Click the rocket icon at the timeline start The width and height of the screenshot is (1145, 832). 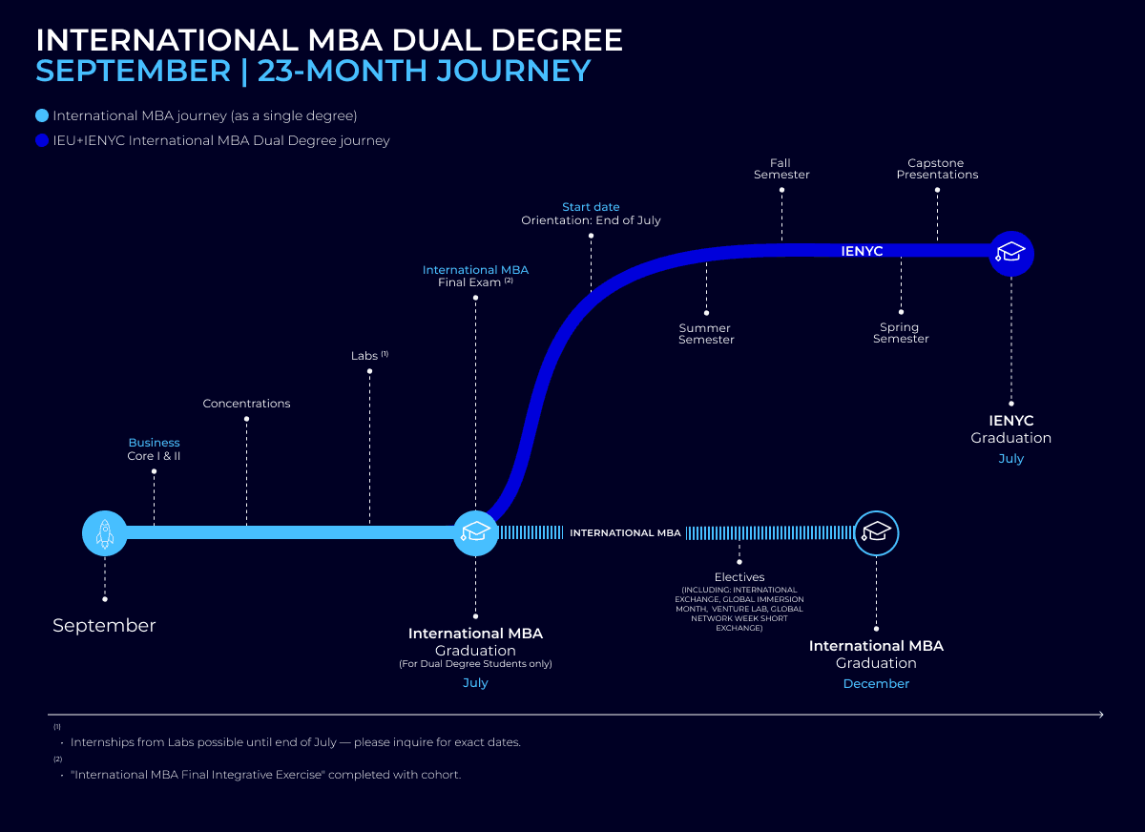105,532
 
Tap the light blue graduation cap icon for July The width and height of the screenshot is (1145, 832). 475,532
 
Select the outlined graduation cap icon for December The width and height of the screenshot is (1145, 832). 876,532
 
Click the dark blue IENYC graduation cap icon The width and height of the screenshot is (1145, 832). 1010,252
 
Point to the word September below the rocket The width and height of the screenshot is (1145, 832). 104,626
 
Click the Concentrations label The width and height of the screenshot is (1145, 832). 246,404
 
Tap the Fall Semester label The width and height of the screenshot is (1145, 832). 781,169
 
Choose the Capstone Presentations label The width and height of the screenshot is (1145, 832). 937,169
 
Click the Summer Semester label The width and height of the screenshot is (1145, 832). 706,334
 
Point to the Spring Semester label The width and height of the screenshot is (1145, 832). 901,333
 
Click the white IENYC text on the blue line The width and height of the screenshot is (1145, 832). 862,252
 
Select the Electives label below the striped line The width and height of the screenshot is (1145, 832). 739,577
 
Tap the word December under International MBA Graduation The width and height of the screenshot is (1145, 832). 876,683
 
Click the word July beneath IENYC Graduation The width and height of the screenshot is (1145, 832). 1010,458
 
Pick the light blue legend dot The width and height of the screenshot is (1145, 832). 41,116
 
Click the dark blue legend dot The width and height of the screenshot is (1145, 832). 41,140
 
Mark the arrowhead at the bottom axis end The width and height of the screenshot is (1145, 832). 1100,714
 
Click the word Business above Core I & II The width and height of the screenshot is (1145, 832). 154,443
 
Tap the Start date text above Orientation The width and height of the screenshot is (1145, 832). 591,207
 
